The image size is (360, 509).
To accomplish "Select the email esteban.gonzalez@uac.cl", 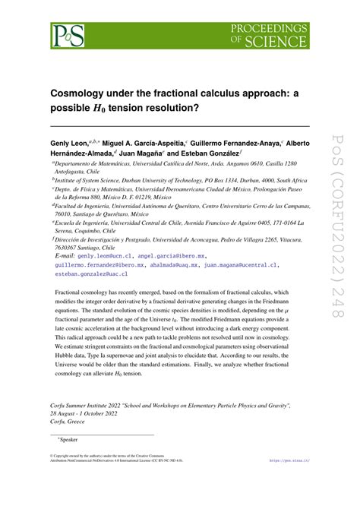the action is [x=87, y=275].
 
